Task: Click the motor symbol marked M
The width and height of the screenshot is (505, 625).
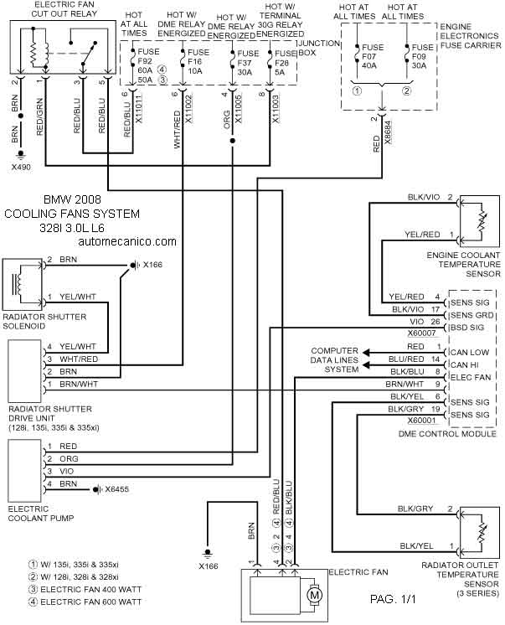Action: pos(315,596)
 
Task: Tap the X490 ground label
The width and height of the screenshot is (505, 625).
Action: pos(21,168)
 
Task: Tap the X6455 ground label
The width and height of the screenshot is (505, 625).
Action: pos(116,489)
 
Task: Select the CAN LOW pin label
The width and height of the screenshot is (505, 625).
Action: pos(470,353)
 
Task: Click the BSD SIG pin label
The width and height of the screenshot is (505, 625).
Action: pos(467,328)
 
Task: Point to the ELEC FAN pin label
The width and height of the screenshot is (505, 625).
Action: pos(471,377)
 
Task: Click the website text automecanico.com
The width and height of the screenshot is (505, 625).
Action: pos(127,241)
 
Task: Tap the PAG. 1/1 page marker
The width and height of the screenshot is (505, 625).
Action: pos(393,599)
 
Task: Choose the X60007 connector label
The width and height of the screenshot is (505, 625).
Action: pos(422,333)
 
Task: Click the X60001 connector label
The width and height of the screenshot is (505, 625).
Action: pos(422,420)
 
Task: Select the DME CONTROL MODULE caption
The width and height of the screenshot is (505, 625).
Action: pos(447,434)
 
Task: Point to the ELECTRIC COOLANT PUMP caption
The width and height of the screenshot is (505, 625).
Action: pos(41,514)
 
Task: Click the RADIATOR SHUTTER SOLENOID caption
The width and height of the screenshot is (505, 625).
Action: pos(44,321)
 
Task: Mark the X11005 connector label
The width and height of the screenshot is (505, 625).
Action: pos(239,110)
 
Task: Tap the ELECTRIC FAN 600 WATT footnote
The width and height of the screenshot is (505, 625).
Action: pos(85,602)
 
